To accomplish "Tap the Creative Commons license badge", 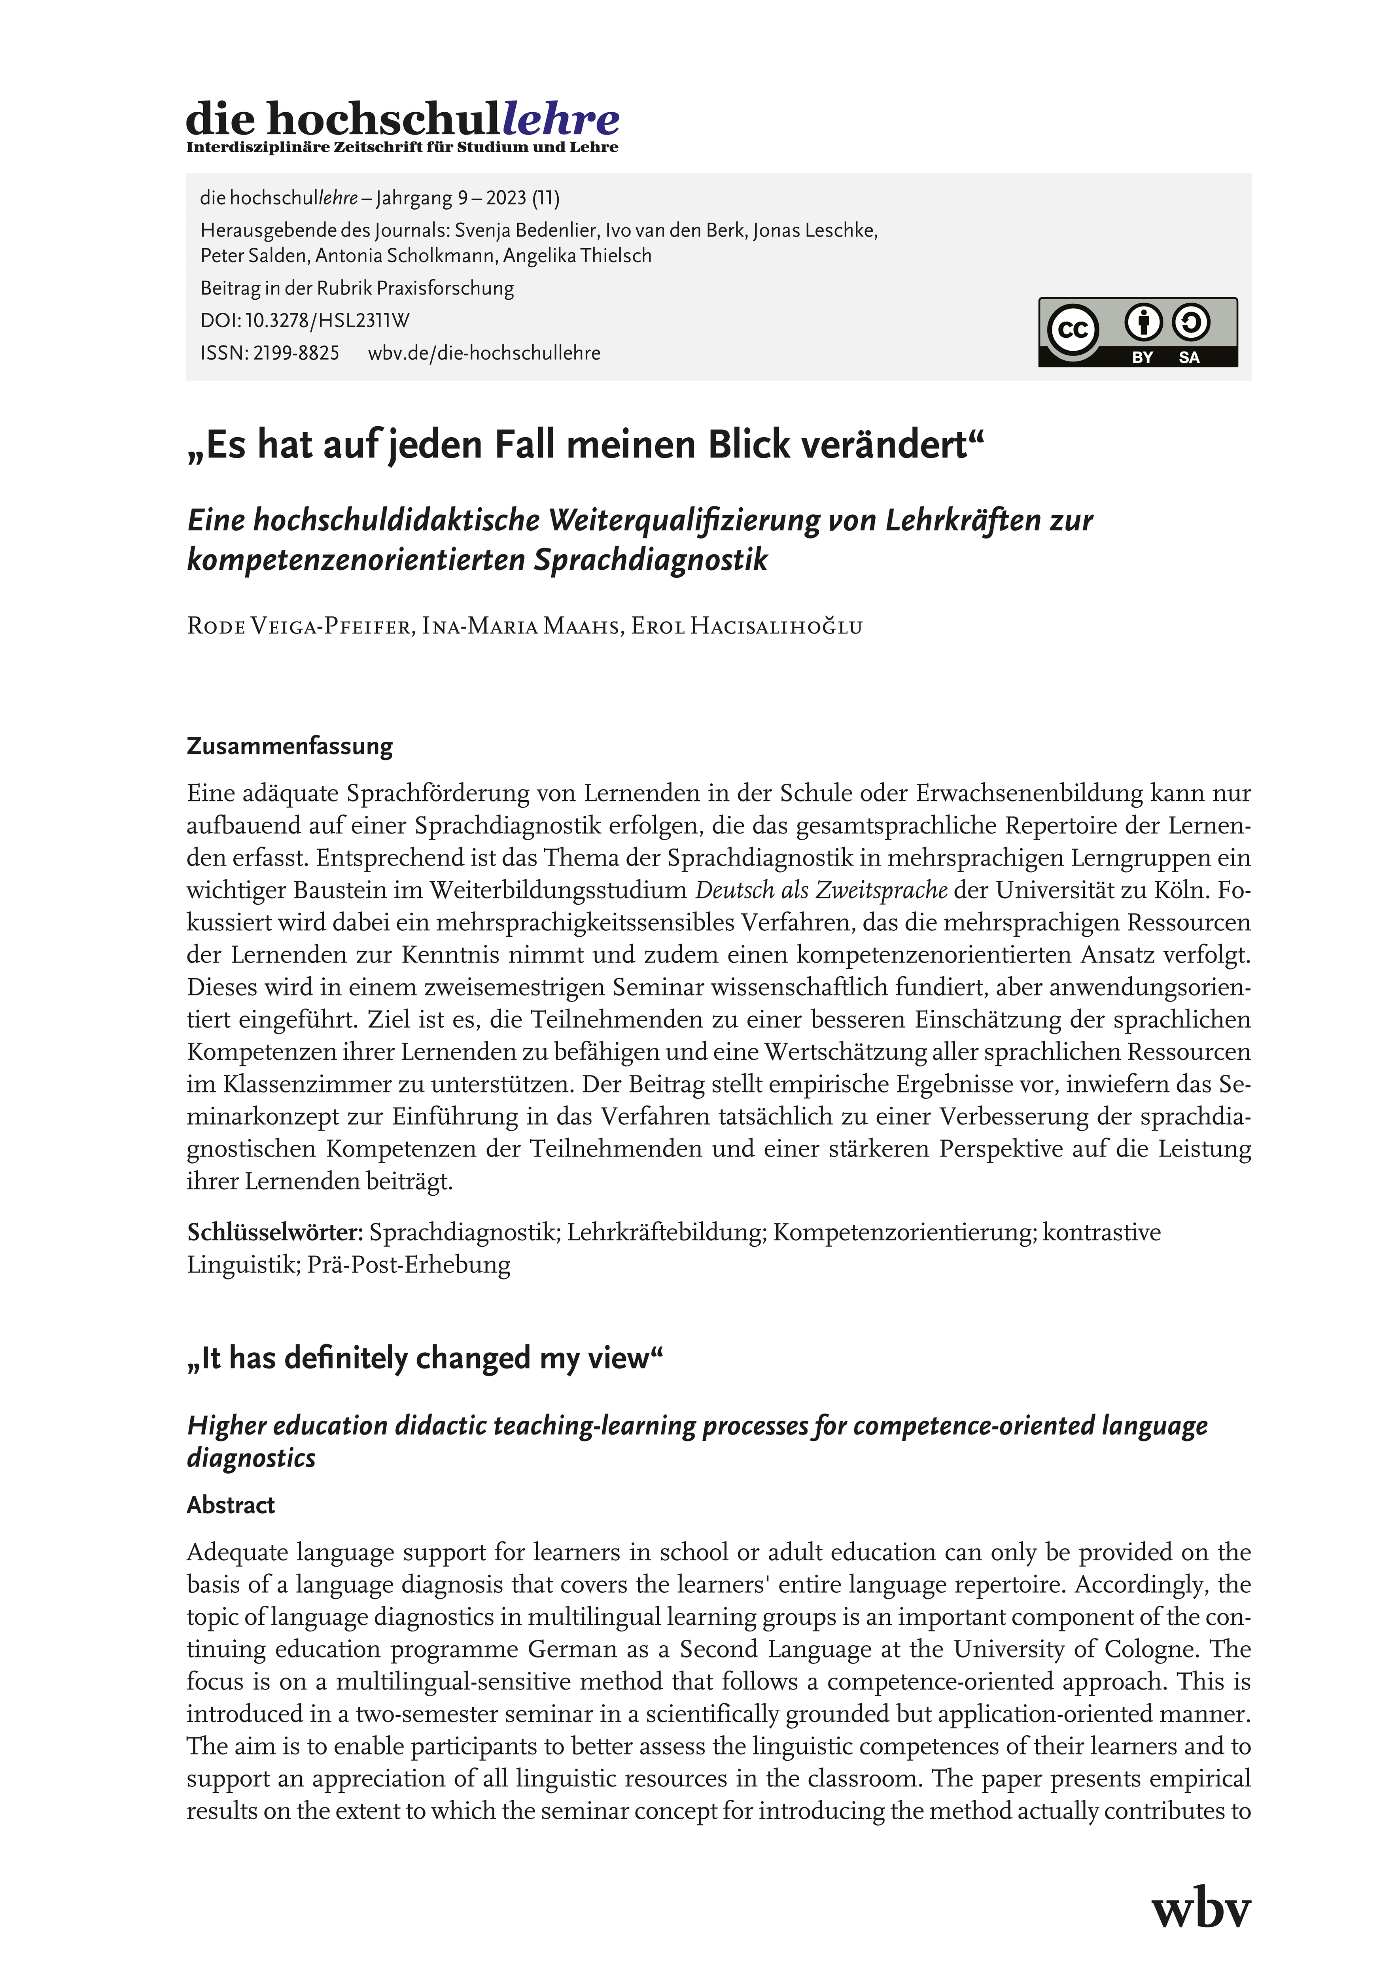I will [1137, 333].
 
